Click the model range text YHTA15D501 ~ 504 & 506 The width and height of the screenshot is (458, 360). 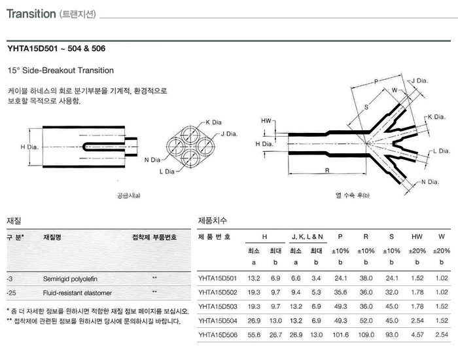[56, 48]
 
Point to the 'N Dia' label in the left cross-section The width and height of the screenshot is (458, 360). [152, 160]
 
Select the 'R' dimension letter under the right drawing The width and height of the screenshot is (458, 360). [326, 170]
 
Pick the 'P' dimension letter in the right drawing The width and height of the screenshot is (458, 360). [376, 81]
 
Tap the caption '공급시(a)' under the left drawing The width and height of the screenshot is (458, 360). [128, 194]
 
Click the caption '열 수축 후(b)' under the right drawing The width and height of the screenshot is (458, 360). [353, 195]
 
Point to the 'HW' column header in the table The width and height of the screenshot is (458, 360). [417, 236]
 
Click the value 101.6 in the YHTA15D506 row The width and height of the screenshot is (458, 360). [341, 335]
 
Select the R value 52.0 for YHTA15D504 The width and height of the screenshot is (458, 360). [366, 321]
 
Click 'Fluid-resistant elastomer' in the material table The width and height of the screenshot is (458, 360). [77, 293]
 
